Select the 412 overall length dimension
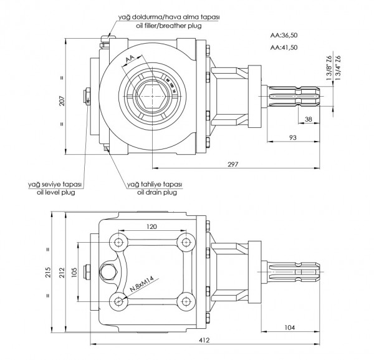point(205,339)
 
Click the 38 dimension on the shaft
point(308,118)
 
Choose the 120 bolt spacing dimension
point(150,226)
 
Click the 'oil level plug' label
point(54,193)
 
